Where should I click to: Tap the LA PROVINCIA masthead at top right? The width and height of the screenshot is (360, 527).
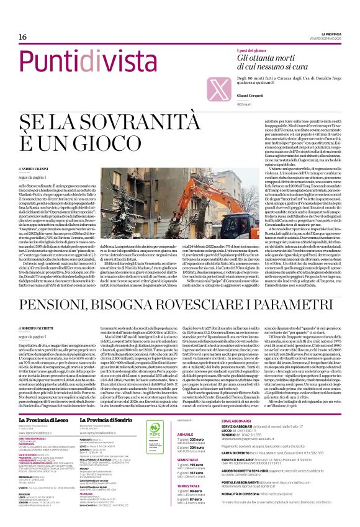click(x=336, y=34)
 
